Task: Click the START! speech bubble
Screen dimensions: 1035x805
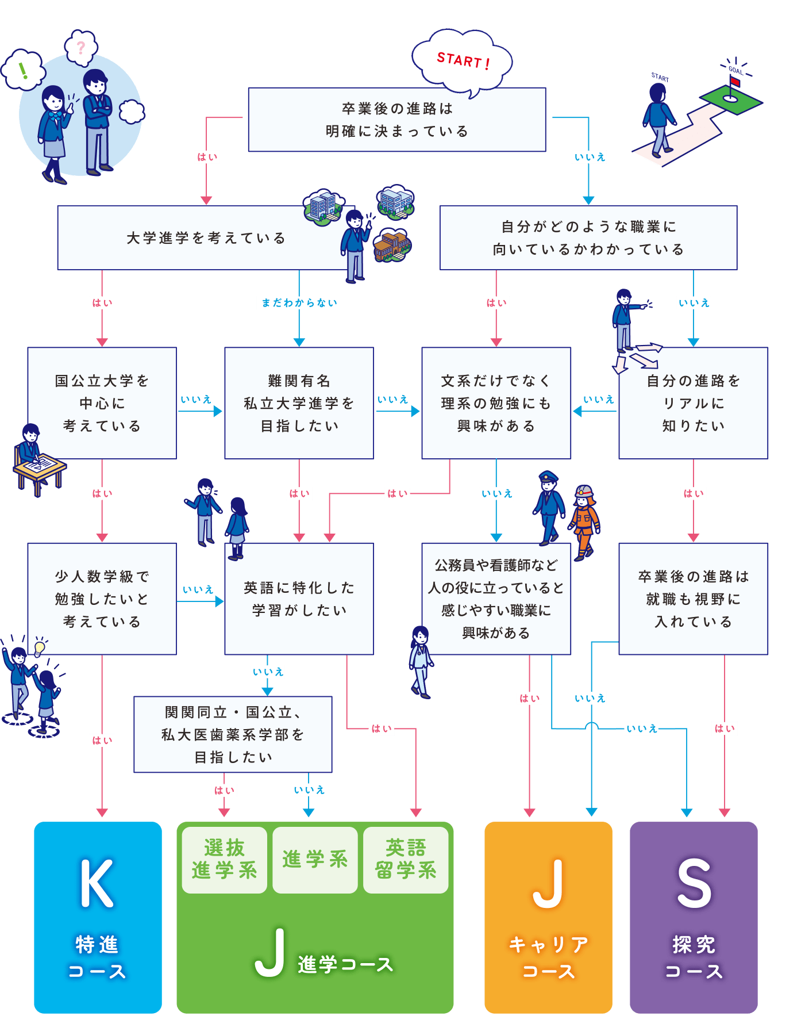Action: click(x=462, y=60)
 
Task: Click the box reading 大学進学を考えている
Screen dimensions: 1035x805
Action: click(x=206, y=238)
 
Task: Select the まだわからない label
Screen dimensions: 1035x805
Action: click(x=299, y=303)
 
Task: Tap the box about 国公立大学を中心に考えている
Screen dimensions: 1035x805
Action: click(x=102, y=403)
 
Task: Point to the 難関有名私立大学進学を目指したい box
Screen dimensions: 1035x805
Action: click(x=299, y=403)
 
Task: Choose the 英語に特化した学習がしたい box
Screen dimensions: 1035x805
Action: click(x=299, y=599)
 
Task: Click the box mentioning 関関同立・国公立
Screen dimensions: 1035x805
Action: click(x=233, y=734)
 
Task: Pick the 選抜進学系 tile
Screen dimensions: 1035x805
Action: click(x=224, y=860)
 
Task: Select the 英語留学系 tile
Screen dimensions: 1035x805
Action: click(x=406, y=860)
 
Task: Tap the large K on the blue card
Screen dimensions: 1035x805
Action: click(x=97, y=884)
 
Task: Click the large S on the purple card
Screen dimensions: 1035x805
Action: click(x=694, y=884)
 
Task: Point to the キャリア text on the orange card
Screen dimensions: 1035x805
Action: click(x=548, y=945)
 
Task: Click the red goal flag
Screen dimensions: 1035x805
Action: click(x=735, y=82)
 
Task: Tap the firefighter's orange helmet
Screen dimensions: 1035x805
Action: click(x=584, y=492)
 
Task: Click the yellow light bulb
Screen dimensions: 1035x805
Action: click(x=39, y=647)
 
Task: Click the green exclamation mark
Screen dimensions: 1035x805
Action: click(x=23, y=71)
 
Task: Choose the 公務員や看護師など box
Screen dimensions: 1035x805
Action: click(x=496, y=599)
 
